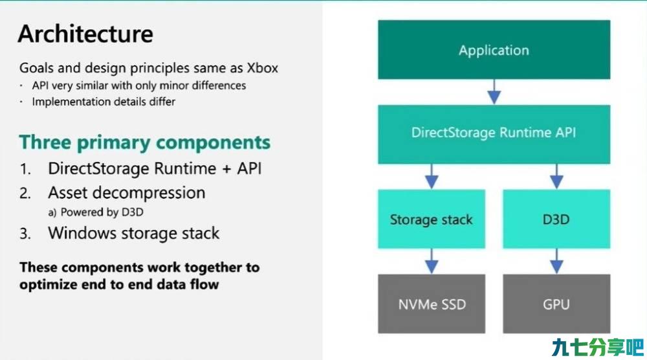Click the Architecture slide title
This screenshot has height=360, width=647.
85,34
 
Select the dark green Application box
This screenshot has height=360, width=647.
494,50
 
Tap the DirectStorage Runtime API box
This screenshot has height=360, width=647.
494,134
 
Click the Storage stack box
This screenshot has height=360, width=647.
432,219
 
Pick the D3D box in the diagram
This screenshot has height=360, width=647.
556,219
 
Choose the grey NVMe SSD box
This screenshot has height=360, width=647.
432,304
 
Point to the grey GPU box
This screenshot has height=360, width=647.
556,304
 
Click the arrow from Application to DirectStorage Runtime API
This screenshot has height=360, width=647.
494,92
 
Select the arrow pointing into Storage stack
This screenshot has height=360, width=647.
432,176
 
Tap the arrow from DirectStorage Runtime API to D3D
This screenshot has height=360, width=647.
556,176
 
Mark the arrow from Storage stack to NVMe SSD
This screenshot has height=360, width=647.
432,261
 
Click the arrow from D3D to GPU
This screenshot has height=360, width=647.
556,261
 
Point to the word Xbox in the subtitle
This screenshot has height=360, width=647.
263,68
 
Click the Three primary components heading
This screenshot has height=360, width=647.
145,142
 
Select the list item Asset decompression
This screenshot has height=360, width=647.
127,193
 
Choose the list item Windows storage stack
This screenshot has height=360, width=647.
134,233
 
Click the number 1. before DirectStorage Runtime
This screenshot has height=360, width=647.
25,169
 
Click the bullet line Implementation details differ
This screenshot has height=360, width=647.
104,102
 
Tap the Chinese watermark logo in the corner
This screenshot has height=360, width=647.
597,347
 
